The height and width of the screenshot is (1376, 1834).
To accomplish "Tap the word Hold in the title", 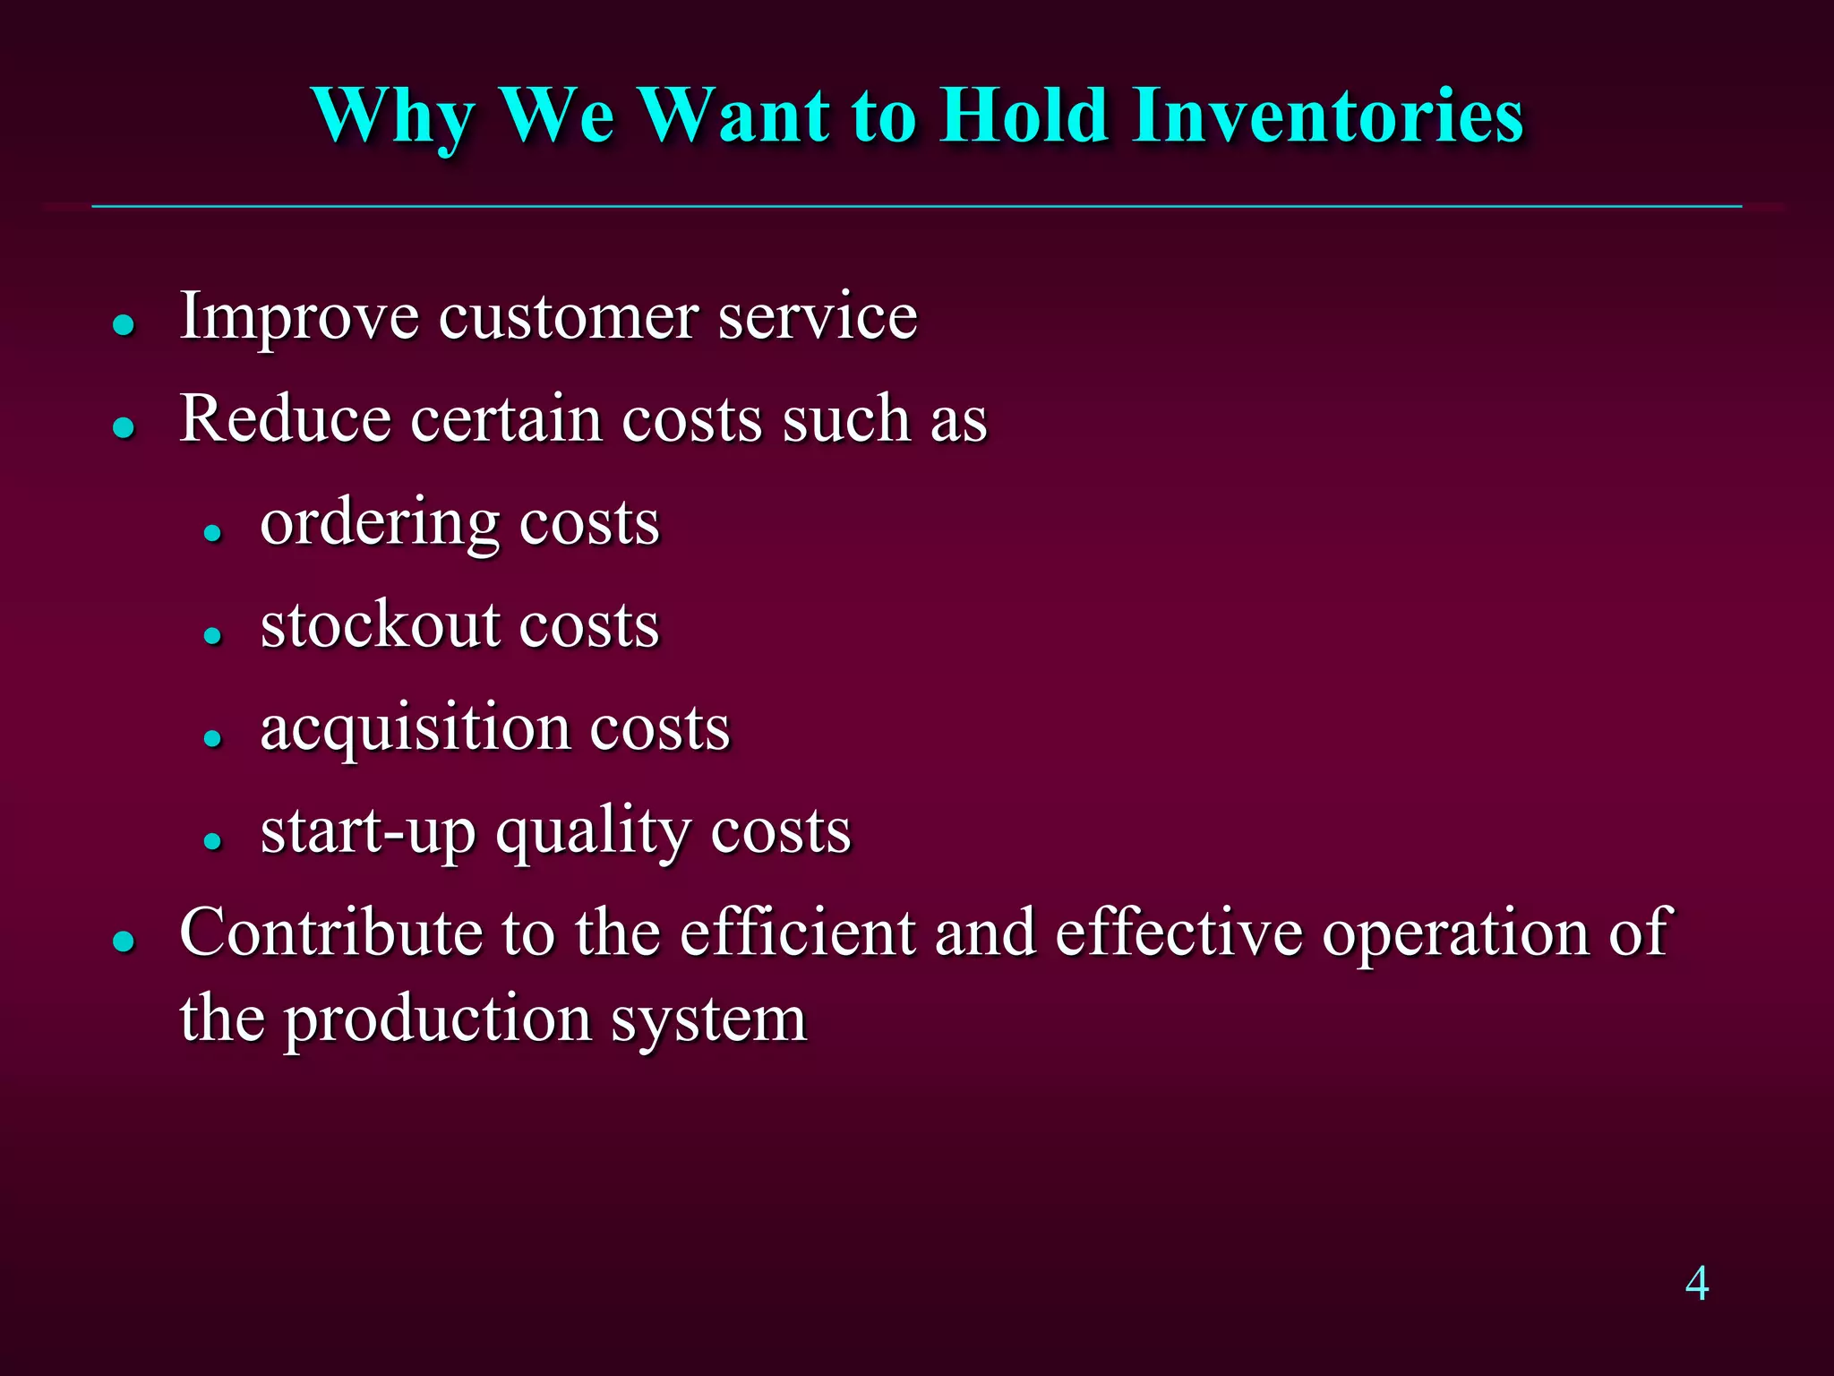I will [1024, 116].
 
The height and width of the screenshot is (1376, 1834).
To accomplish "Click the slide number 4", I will [1696, 1284].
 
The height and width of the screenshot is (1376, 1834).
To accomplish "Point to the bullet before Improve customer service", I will [124, 324].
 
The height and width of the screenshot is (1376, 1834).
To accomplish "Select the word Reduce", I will [285, 419].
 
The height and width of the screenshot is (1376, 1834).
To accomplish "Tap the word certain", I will [505, 419].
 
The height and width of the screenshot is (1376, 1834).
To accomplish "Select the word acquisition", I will [415, 728].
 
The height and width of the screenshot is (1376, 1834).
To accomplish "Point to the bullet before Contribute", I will [124, 942].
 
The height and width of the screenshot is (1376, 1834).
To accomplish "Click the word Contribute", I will [330, 933].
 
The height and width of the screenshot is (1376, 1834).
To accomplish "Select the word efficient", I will [798, 933].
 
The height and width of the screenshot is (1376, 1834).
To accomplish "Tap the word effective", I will [1178, 933].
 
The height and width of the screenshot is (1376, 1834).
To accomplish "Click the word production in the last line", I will [438, 1021].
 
